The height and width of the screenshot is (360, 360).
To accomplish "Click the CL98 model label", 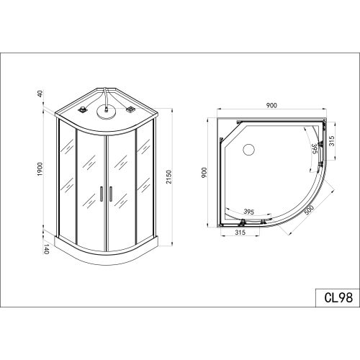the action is (x=338, y=297).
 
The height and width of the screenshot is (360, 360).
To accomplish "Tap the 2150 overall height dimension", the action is (x=169, y=177).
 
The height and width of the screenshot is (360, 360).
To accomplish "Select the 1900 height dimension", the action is (x=40, y=169).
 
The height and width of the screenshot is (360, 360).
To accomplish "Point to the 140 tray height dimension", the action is (x=46, y=249).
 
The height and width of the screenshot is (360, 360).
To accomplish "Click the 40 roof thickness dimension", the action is (x=40, y=94).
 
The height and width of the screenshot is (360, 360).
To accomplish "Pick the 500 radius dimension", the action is (x=310, y=210).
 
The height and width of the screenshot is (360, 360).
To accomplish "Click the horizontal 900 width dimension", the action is (x=271, y=105).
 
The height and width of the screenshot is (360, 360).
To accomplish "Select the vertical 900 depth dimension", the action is (x=204, y=173).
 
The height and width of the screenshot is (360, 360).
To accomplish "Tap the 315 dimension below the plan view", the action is (x=240, y=232).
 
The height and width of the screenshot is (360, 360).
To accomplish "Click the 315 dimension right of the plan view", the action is (x=331, y=142).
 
